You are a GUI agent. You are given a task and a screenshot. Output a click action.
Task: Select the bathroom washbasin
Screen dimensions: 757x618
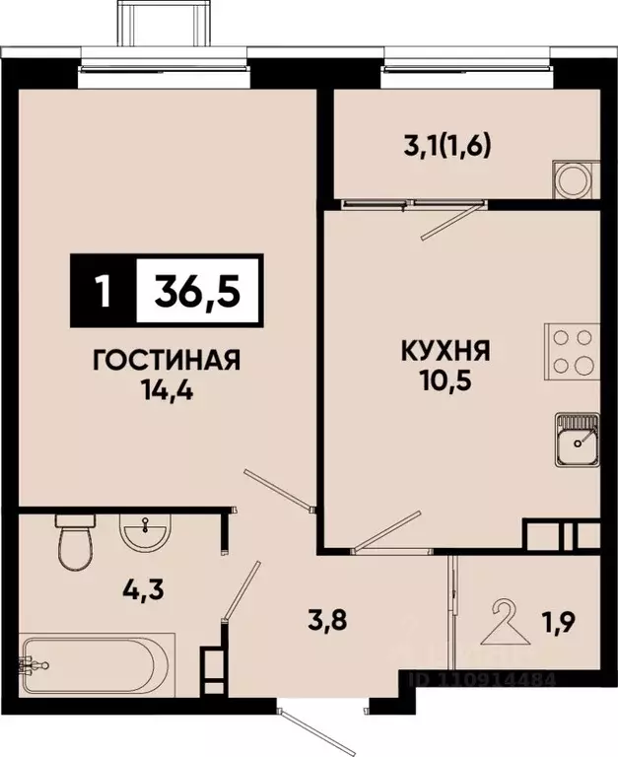click(x=145, y=535)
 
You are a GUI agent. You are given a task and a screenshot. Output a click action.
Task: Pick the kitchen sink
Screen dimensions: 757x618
click(x=577, y=438)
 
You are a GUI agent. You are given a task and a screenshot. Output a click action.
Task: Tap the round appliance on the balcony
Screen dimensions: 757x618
click(x=572, y=181)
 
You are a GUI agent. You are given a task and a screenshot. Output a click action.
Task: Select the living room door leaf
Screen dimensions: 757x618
click(x=278, y=490)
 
